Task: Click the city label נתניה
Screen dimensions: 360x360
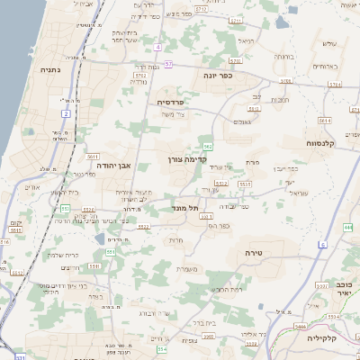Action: pyautogui.click(x=49, y=68)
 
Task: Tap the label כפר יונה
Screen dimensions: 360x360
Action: pyautogui.click(x=217, y=76)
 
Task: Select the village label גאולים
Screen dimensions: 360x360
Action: pyautogui.click(x=241, y=121)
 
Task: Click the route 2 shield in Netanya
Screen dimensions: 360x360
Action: pyautogui.click(x=66, y=113)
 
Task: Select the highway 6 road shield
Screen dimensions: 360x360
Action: pyautogui.click(x=322, y=244)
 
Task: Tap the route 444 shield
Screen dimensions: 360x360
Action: pyautogui.click(x=347, y=227)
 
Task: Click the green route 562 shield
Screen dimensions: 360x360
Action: pyautogui.click(x=208, y=145)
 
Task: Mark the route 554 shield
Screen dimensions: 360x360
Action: pyautogui.click(x=162, y=347)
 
